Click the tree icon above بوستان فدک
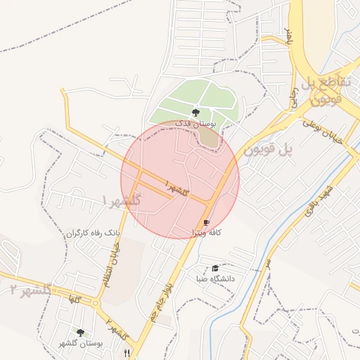tap(195, 111)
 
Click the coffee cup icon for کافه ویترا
tap(206, 223)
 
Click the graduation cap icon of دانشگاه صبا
tap(214, 268)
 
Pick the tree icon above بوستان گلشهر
tap(81, 332)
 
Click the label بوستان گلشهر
tap(82, 343)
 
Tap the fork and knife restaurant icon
tap(127, 352)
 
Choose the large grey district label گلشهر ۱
tap(122, 200)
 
